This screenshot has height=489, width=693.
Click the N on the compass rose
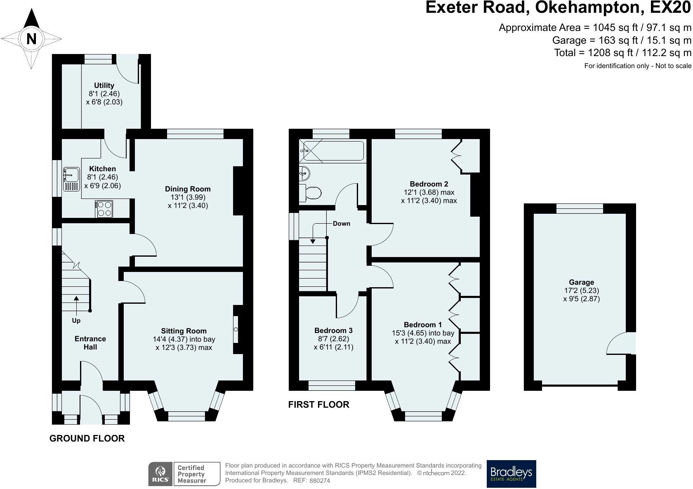31,39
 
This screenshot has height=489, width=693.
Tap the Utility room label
104,85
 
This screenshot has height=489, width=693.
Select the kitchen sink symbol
71,179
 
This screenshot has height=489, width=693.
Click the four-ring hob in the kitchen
104,209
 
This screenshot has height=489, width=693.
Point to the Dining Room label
188,189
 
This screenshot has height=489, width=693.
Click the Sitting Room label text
184,331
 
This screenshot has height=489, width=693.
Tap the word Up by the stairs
76,321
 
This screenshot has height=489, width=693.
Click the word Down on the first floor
342,224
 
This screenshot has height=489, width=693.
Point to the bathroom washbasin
304,173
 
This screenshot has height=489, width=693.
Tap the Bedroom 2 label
429,184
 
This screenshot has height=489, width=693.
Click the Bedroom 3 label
333,331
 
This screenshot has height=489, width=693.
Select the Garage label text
582,282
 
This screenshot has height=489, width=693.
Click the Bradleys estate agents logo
511,474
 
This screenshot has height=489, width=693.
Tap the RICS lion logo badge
160,474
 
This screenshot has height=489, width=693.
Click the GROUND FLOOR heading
87,438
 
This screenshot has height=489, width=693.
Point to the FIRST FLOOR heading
318,404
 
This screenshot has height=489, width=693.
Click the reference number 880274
320,481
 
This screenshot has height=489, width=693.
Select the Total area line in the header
622,53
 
